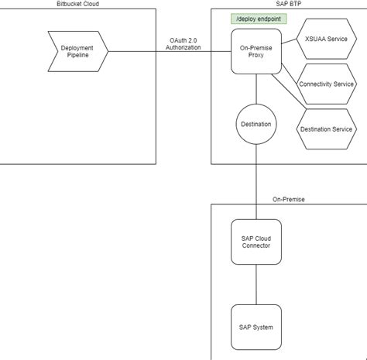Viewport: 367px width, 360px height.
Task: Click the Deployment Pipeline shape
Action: pyautogui.click(x=77, y=52)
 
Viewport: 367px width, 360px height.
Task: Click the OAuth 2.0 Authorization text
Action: pyautogui.click(x=183, y=43)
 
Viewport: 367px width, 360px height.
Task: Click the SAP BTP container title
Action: pyautogui.click(x=289, y=5)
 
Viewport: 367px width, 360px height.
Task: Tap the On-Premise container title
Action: pyautogui.click(x=288, y=199)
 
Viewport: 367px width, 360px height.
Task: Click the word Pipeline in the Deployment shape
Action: pyautogui.click(x=77, y=57)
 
